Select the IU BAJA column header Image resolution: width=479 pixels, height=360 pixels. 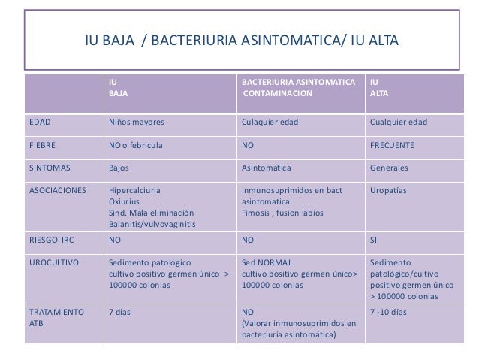(x=117, y=88)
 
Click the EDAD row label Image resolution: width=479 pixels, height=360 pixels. (x=41, y=122)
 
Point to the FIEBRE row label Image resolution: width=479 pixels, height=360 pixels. (x=43, y=144)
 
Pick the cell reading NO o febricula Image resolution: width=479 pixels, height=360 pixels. (x=136, y=144)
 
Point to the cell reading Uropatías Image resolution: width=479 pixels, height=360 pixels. (x=388, y=190)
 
